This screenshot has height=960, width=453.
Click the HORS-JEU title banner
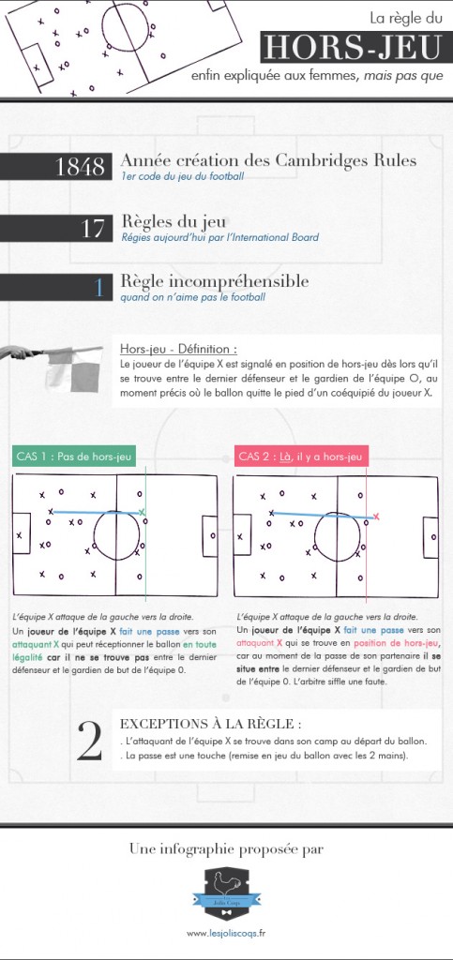[x=352, y=48]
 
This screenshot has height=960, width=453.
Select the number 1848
[x=81, y=167]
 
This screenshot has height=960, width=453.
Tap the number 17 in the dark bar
[x=92, y=227]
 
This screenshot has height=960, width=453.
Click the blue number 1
[x=98, y=287]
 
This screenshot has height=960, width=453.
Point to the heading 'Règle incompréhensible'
[x=215, y=280]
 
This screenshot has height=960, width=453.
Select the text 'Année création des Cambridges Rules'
[x=269, y=160]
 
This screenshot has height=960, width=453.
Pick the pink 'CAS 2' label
[x=301, y=457]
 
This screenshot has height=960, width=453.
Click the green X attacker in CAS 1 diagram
[x=143, y=512]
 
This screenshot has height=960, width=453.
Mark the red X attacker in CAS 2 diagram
[x=376, y=517]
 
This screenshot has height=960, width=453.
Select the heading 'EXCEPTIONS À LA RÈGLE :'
[x=211, y=724]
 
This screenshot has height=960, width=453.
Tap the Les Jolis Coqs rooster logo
[x=225, y=892]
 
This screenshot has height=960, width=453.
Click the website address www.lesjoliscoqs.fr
[x=225, y=933]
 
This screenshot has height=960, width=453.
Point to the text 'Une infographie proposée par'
[x=226, y=849]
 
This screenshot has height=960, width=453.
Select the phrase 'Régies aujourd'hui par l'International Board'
[x=219, y=237]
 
